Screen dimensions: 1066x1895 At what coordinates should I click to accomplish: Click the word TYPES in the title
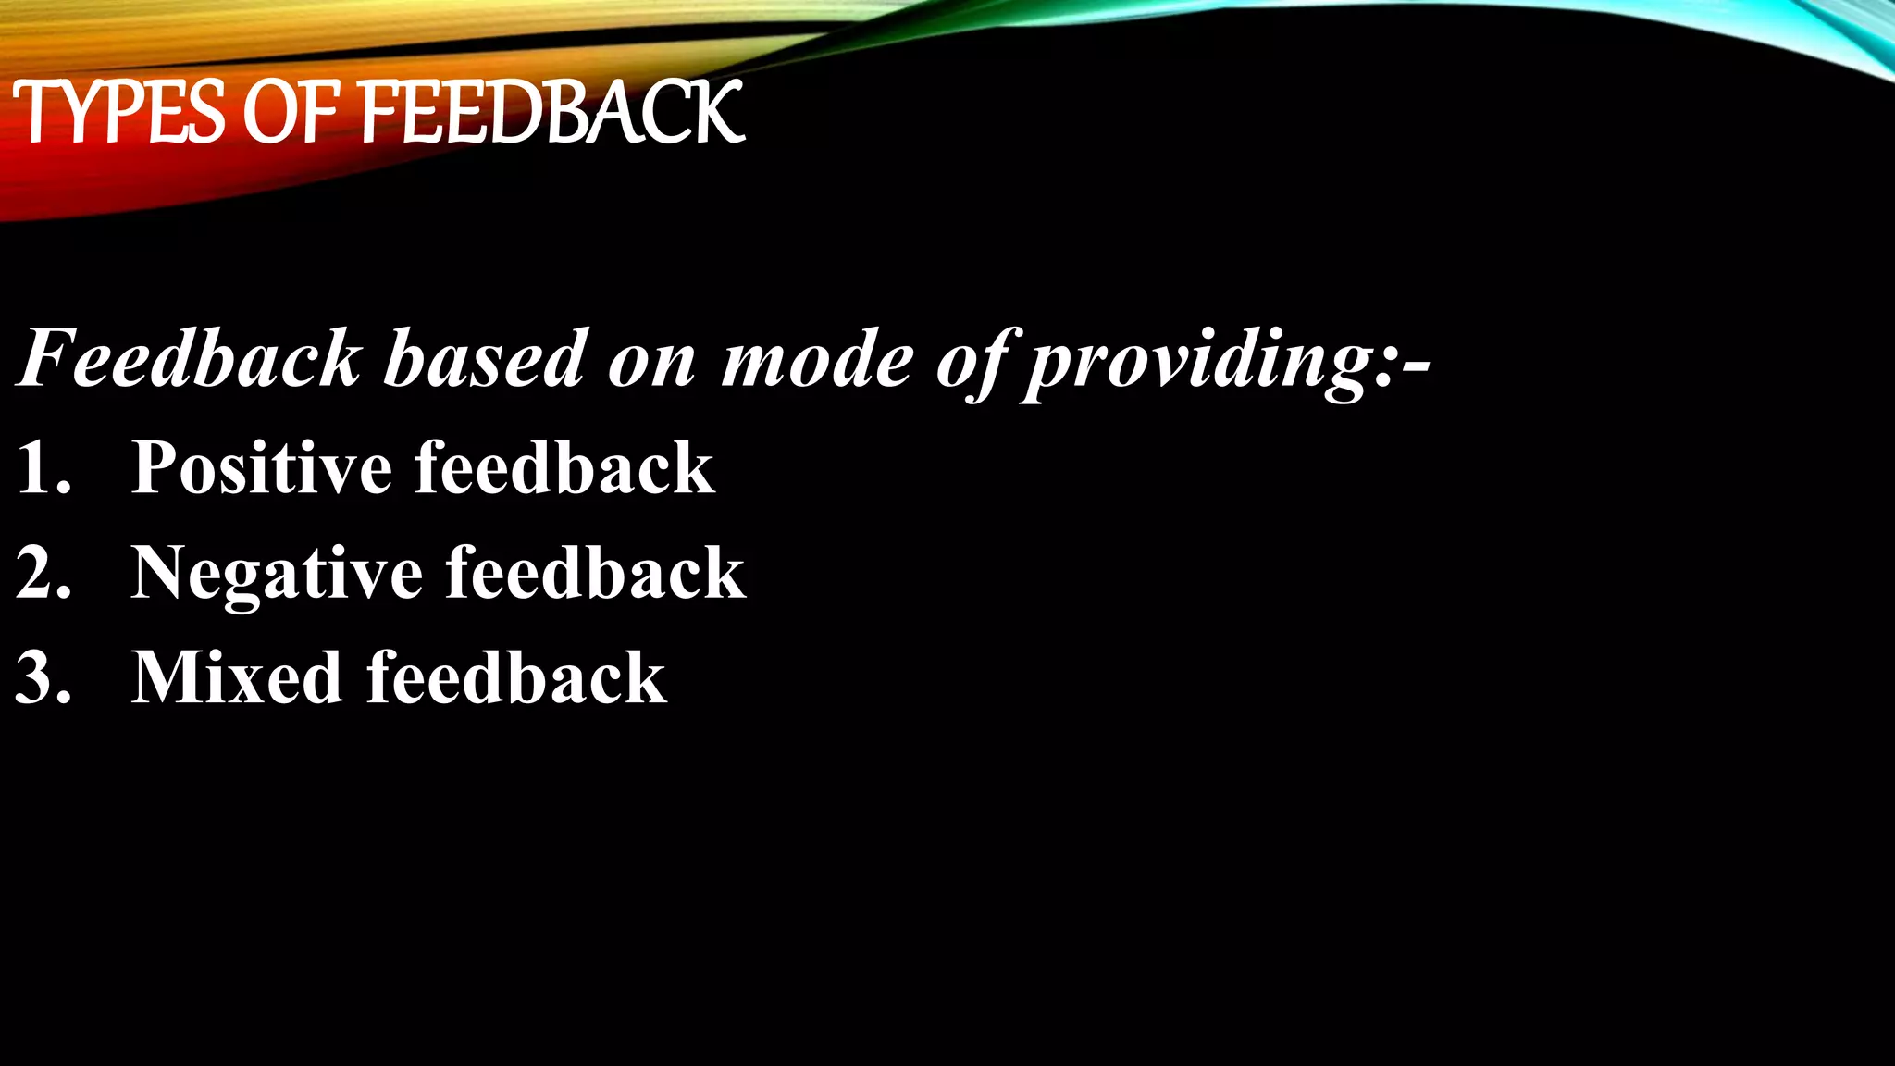[118, 113]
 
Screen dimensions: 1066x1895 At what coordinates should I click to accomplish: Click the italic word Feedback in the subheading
[191, 359]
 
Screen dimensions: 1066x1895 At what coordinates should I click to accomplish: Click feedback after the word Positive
[564, 467]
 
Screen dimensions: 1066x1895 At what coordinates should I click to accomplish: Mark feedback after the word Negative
[596, 573]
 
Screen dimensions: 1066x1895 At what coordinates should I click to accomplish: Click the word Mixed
[237, 677]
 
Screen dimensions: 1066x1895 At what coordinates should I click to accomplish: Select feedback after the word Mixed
[516, 677]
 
